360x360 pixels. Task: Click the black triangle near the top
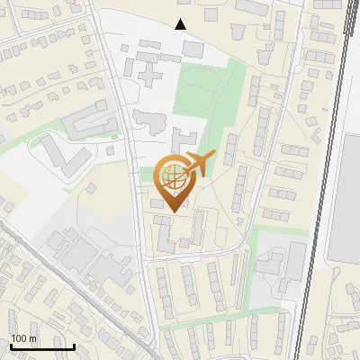click(182, 24)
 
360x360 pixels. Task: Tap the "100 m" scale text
click(24, 338)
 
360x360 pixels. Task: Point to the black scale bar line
click(42, 346)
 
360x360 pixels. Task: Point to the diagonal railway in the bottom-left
click(72, 288)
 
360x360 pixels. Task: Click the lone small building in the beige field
click(93, 189)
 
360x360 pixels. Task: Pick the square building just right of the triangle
click(212, 15)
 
